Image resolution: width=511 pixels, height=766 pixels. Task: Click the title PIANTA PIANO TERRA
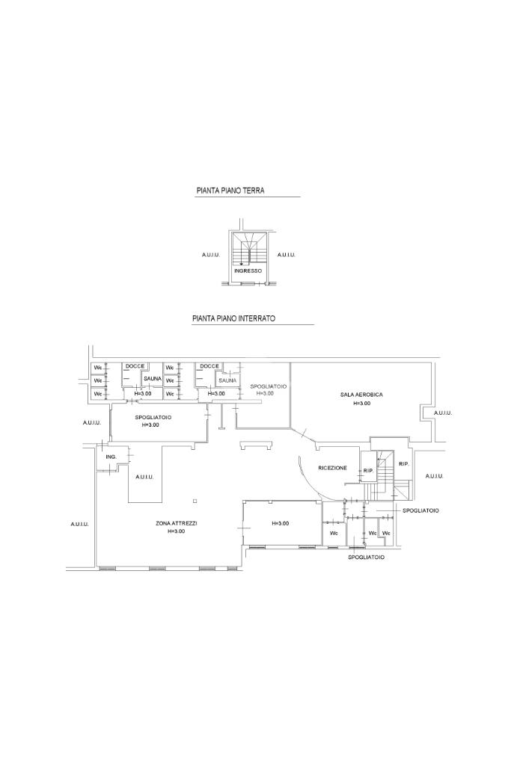click(x=230, y=191)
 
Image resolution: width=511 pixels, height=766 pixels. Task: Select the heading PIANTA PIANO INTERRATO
click(x=233, y=318)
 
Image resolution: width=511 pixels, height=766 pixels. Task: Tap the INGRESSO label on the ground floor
click(x=248, y=271)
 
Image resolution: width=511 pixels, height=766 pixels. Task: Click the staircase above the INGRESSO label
click(x=248, y=250)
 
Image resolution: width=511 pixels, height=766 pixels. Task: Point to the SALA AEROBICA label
click(x=361, y=394)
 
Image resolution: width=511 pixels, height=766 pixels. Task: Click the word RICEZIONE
click(x=332, y=468)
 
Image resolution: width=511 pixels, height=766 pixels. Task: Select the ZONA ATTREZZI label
click(x=176, y=523)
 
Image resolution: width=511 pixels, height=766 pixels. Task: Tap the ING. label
click(x=111, y=456)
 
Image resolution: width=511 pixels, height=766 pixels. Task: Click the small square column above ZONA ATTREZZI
click(x=194, y=500)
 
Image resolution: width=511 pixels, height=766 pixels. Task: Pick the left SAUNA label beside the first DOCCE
click(x=153, y=379)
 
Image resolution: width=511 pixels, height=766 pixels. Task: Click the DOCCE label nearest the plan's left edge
click(x=135, y=366)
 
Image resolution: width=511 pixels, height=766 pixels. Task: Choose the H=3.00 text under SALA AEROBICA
click(x=361, y=404)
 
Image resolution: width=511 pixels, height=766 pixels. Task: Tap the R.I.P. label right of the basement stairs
click(x=403, y=464)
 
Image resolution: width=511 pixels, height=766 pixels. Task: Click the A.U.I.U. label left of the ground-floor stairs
click(x=210, y=256)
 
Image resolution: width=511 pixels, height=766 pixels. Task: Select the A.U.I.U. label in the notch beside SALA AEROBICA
click(x=442, y=413)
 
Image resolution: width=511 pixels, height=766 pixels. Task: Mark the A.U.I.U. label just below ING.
click(x=144, y=477)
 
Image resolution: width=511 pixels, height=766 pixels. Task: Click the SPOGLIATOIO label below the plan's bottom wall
click(x=366, y=557)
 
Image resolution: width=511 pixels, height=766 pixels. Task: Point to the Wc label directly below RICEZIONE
click(x=334, y=534)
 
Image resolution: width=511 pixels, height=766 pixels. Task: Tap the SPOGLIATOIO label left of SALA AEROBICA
click(x=268, y=386)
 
